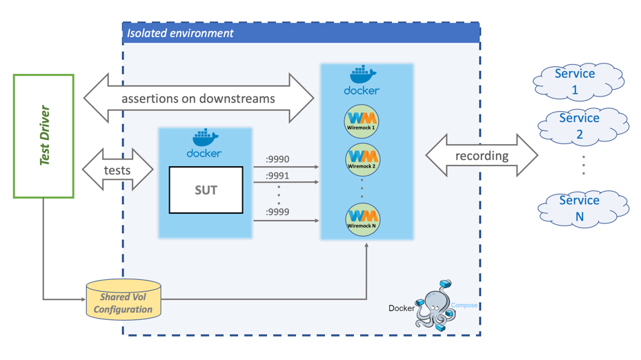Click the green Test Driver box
[43, 137]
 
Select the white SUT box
[206, 190]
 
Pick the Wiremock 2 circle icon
[362, 159]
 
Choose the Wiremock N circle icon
[362, 219]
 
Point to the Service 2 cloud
[580, 126]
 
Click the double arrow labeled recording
[482, 156]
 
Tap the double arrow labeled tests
[117, 170]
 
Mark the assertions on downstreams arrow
[199, 99]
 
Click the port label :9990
[277, 160]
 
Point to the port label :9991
[277, 176]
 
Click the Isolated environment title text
[180, 32]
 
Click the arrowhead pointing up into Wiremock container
[366, 246]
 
